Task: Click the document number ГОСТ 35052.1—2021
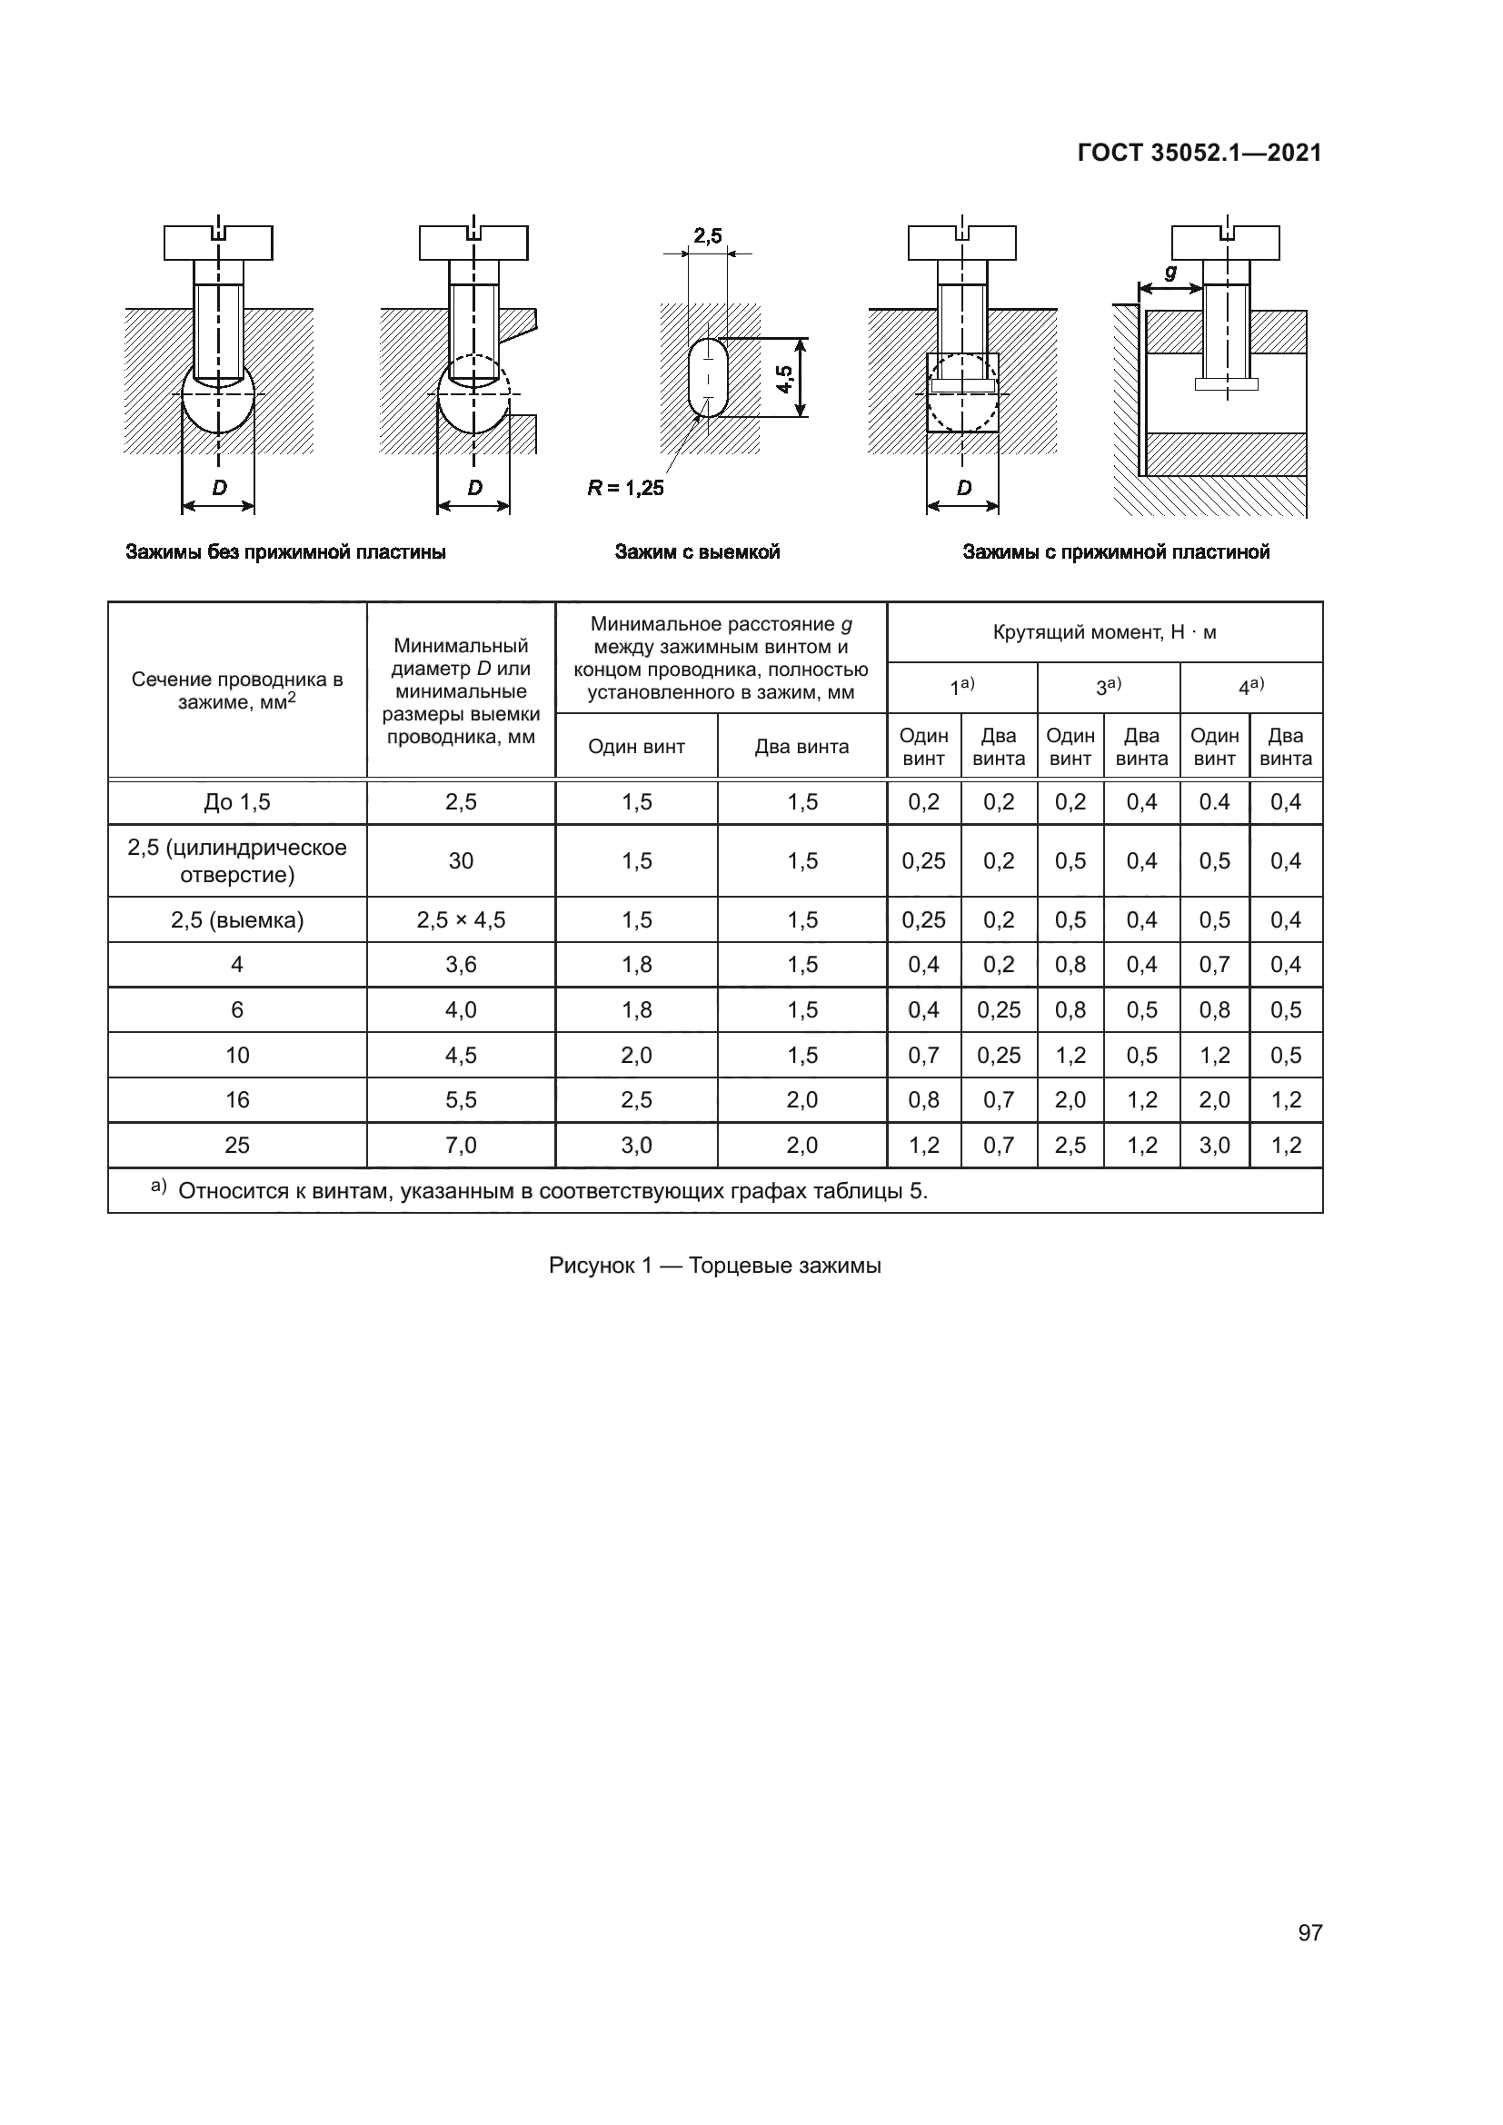(x=1199, y=153)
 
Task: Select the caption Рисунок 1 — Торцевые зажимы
(x=714, y=1266)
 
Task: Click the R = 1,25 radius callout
(x=625, y=488)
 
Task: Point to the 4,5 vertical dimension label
(x=785, y=379)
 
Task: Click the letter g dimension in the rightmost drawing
(x=1170, y=273)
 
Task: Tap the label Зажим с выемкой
(x=697, y=552)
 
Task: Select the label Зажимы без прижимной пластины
(x=285, y=552)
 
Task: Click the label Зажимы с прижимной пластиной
(x=1116, y=552)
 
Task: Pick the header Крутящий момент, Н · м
(x=1104, y=633)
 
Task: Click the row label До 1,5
(x=237, y=802)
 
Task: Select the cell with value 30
(x=461, y=860)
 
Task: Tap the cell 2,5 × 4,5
(x=461, y=920)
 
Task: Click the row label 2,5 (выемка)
(x=237, y=920)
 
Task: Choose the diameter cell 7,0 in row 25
(x=461, y=1146)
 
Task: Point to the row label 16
(x=237, y=1100)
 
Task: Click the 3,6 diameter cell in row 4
(x=461, y=965)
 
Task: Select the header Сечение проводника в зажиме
(x=237, y=690)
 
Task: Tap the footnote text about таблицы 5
(x=552, y=1191)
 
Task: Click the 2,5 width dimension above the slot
(x=708, y=237)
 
